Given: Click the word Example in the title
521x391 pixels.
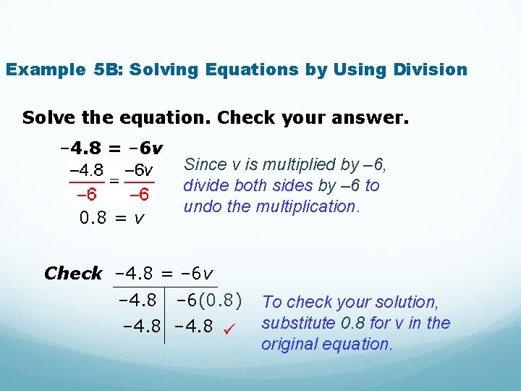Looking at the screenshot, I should coord(45,70).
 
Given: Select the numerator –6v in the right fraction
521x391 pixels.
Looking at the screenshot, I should coord(138,171).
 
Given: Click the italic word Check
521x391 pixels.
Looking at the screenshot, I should coord(73,274).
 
